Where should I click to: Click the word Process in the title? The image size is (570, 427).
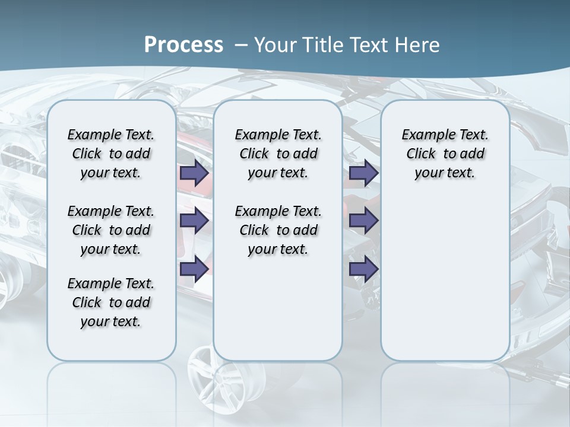pos(183,45)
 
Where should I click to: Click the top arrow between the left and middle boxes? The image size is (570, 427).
pos(194,173)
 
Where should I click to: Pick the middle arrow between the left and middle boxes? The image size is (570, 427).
pos(194,221)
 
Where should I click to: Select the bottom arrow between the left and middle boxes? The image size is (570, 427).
pos(194,269)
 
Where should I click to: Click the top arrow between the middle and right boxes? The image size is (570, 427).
pos(364,173)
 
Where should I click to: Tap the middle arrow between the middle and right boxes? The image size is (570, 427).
pos(364,221)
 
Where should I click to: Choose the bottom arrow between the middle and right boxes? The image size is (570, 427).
pos(364,269)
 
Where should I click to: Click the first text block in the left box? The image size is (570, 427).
pos(111,154)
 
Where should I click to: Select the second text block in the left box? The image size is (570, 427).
pos(111,230)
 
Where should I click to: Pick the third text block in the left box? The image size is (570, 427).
pos(111,302)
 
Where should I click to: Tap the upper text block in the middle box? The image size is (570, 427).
pos(278,154)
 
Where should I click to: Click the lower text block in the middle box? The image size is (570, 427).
pos(278,230)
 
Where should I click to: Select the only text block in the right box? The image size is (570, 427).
pos(445,154)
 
